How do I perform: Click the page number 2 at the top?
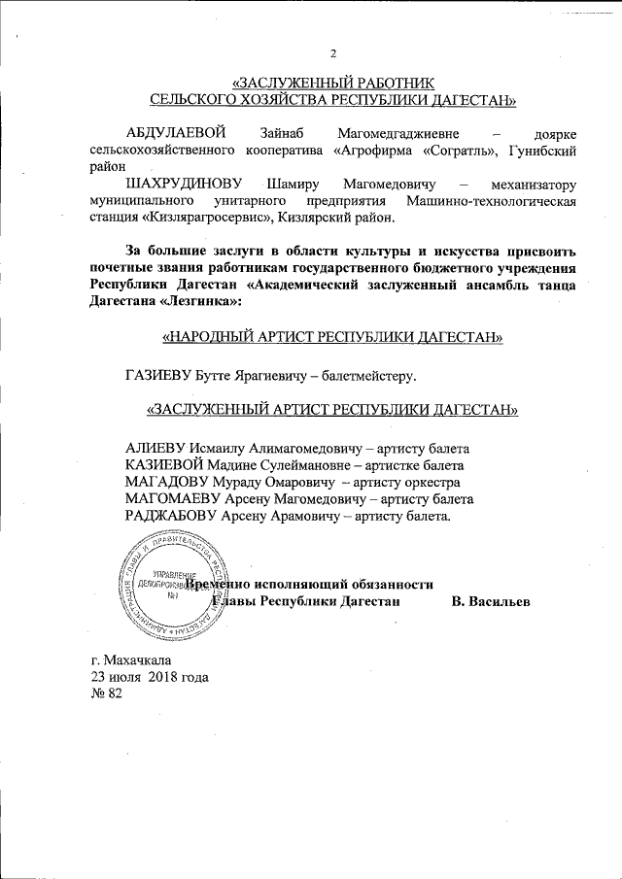tap(333, 52)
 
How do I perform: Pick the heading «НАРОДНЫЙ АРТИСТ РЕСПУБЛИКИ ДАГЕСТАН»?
tap(332, 338)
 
